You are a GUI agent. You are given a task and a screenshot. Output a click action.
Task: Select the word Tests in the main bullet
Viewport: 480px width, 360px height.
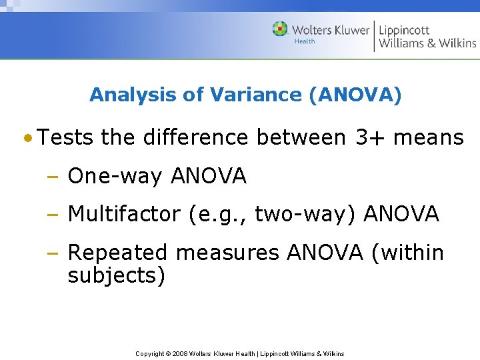(x=66, y=137)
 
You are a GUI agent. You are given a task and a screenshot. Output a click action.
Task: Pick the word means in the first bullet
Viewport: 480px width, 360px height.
(x=429, y=137)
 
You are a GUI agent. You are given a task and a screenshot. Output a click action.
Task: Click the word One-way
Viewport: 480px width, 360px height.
(x=116, y=176)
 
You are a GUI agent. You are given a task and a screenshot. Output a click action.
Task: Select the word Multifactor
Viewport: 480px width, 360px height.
(x=124, y=214)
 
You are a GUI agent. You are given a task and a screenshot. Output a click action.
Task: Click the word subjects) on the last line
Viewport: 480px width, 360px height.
(x=117, y=275)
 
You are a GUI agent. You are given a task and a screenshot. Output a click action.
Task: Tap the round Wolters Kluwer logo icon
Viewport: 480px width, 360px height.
(x=281, y=29)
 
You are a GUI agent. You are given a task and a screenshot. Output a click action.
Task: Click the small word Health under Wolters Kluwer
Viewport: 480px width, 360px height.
(x=305, y=41)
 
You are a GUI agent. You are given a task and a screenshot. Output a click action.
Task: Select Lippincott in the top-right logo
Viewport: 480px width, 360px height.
(x=404, y=30)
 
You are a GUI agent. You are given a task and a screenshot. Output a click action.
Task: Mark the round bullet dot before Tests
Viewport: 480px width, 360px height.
(x=27, y=139)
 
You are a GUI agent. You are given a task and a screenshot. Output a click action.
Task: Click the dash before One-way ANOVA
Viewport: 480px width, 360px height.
(x=51, y=177)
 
